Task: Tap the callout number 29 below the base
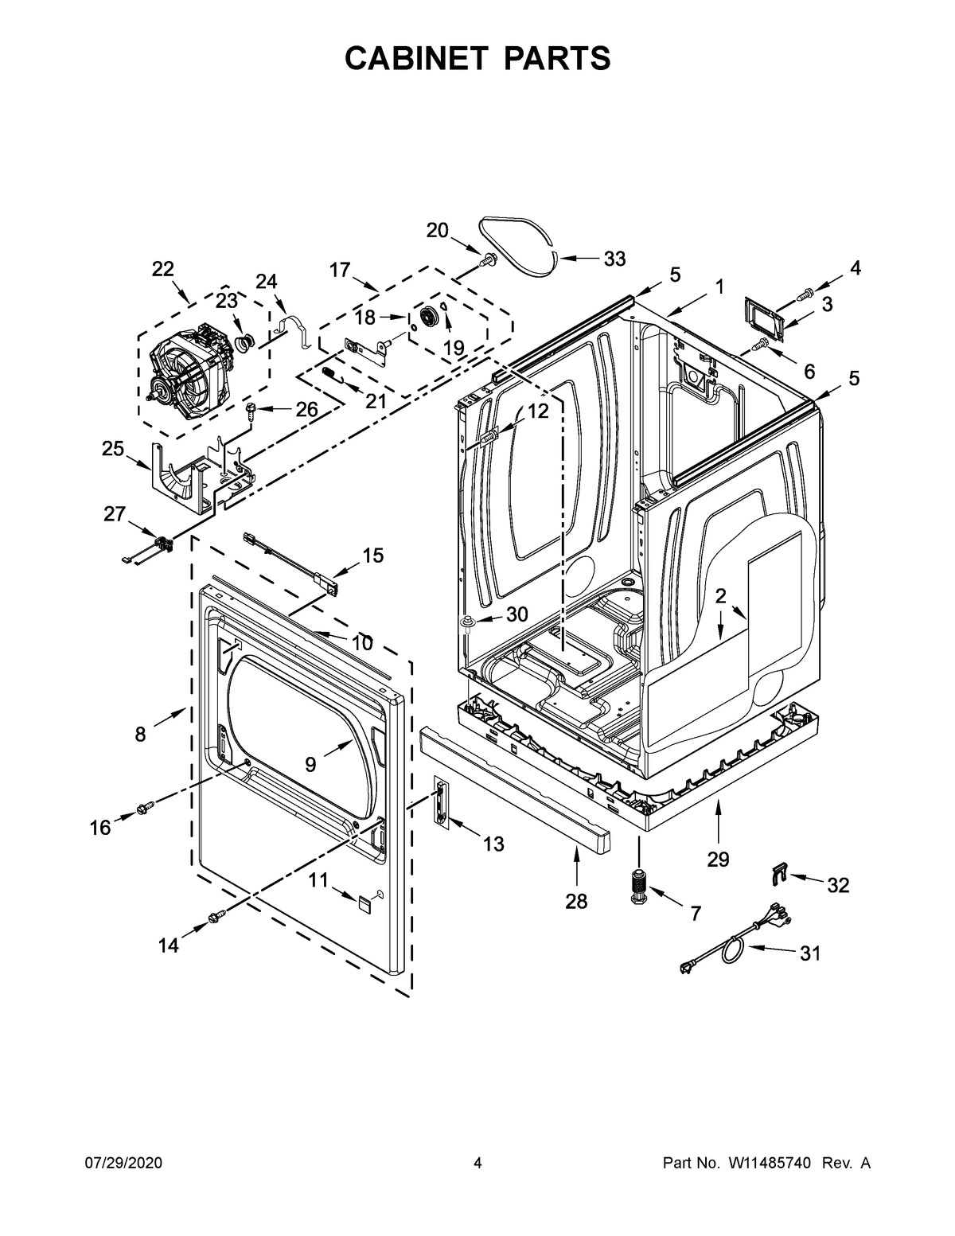718,859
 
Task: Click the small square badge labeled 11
364,903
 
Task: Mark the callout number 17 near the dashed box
340,271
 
